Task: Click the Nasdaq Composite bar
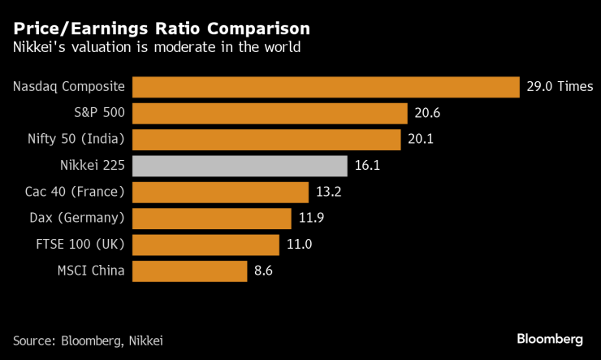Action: [x=325, y=87]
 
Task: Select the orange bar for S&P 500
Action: [x=269, y=113]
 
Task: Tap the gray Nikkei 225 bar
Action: [x=240, y=166]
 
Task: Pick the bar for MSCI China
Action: [x=189, y=271]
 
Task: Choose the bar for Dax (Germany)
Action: [x=211, y=219]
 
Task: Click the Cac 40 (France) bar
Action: [x=220, y=192]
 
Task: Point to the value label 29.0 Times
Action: [x=560, y=87]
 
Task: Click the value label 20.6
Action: [x=427, y=113]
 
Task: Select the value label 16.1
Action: [x=367, y=166]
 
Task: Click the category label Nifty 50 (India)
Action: [x=77, y=139]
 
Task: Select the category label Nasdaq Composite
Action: [x=70, y=87]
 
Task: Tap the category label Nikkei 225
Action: [x=93, y=166]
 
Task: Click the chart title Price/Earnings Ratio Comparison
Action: [x=161, y=28]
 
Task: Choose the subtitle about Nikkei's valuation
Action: [x=157, y=48]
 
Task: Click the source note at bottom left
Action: [x=93, y=339]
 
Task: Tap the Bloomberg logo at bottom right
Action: [x=550, y=338]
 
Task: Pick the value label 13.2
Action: [x=328, y=192]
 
